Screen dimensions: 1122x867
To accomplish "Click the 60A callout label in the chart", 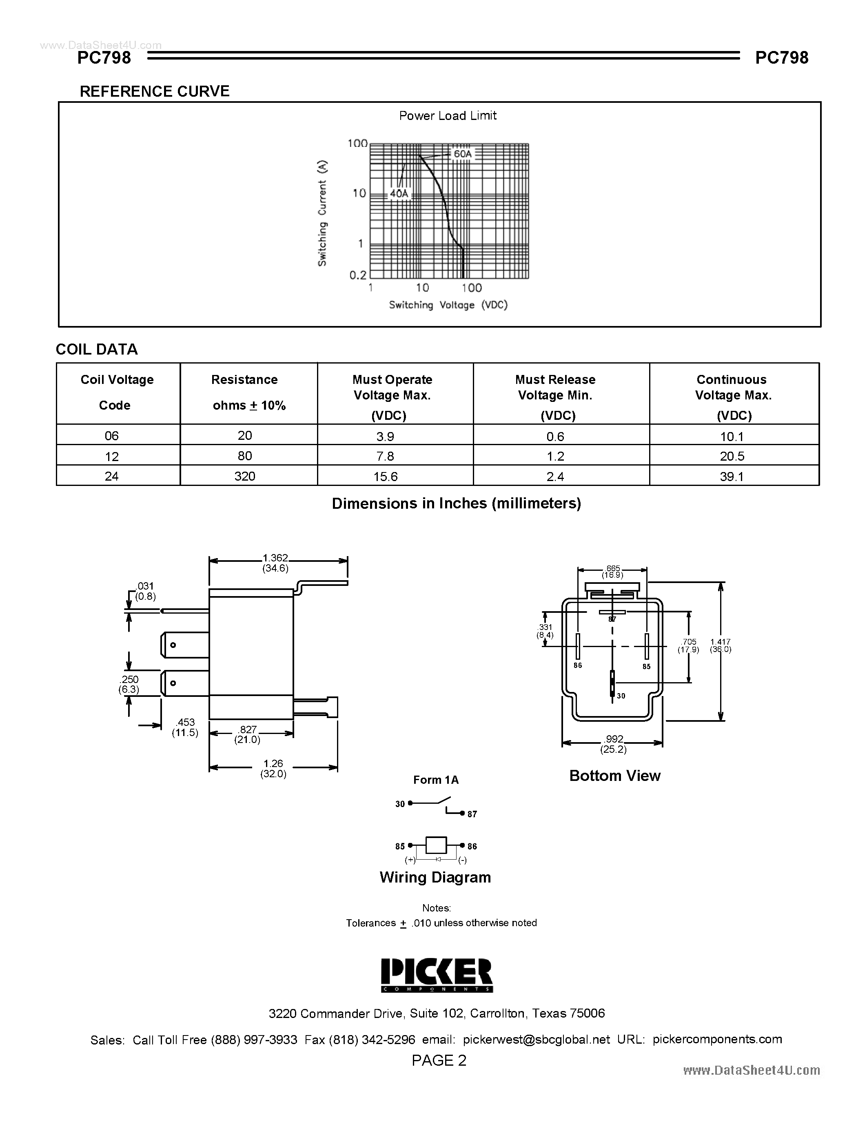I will coord(462,153).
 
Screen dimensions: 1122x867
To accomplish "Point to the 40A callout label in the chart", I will coord(399,194).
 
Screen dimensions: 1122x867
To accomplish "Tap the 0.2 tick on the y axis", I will coord(358,275).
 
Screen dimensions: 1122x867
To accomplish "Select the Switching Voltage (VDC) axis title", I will coord(448,305).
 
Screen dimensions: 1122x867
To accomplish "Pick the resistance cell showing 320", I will coord(244,476).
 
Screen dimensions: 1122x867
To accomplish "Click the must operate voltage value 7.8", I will coord(385,456).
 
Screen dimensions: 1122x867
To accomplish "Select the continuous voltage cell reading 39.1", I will coord(732,476).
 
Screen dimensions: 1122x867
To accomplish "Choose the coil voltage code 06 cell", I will coord(111,436).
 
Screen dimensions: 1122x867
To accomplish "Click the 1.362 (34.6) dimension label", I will coord(275,563).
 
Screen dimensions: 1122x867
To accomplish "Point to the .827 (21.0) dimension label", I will coord(248,735).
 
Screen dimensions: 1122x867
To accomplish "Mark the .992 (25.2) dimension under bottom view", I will coord(614,744).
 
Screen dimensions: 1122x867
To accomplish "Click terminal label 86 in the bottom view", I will coord(578,665).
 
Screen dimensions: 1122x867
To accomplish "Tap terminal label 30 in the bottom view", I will coord(621,696).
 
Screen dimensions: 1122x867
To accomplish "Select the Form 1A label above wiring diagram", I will coord(436,780).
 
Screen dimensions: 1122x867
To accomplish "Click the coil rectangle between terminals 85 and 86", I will coord(436,845).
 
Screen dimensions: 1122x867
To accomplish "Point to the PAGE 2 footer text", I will coord(439,1060).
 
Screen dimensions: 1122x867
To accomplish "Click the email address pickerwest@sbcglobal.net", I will coord(536,1039).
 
